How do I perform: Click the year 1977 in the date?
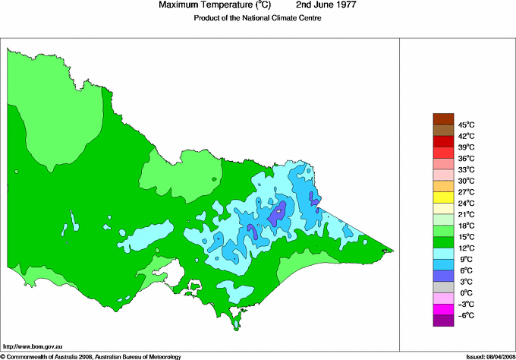coord(343,5)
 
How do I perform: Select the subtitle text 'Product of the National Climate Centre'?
coord(258,18)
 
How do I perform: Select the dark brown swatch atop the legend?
coord(442,118)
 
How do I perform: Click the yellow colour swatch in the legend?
coord(442,197)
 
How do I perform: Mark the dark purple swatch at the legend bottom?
coord(442,321)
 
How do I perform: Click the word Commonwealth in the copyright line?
coord(32,355)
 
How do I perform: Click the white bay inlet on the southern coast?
coord(174,271)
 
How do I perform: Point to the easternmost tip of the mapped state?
coord(394,250)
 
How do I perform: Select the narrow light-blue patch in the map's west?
coord(73,219)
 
